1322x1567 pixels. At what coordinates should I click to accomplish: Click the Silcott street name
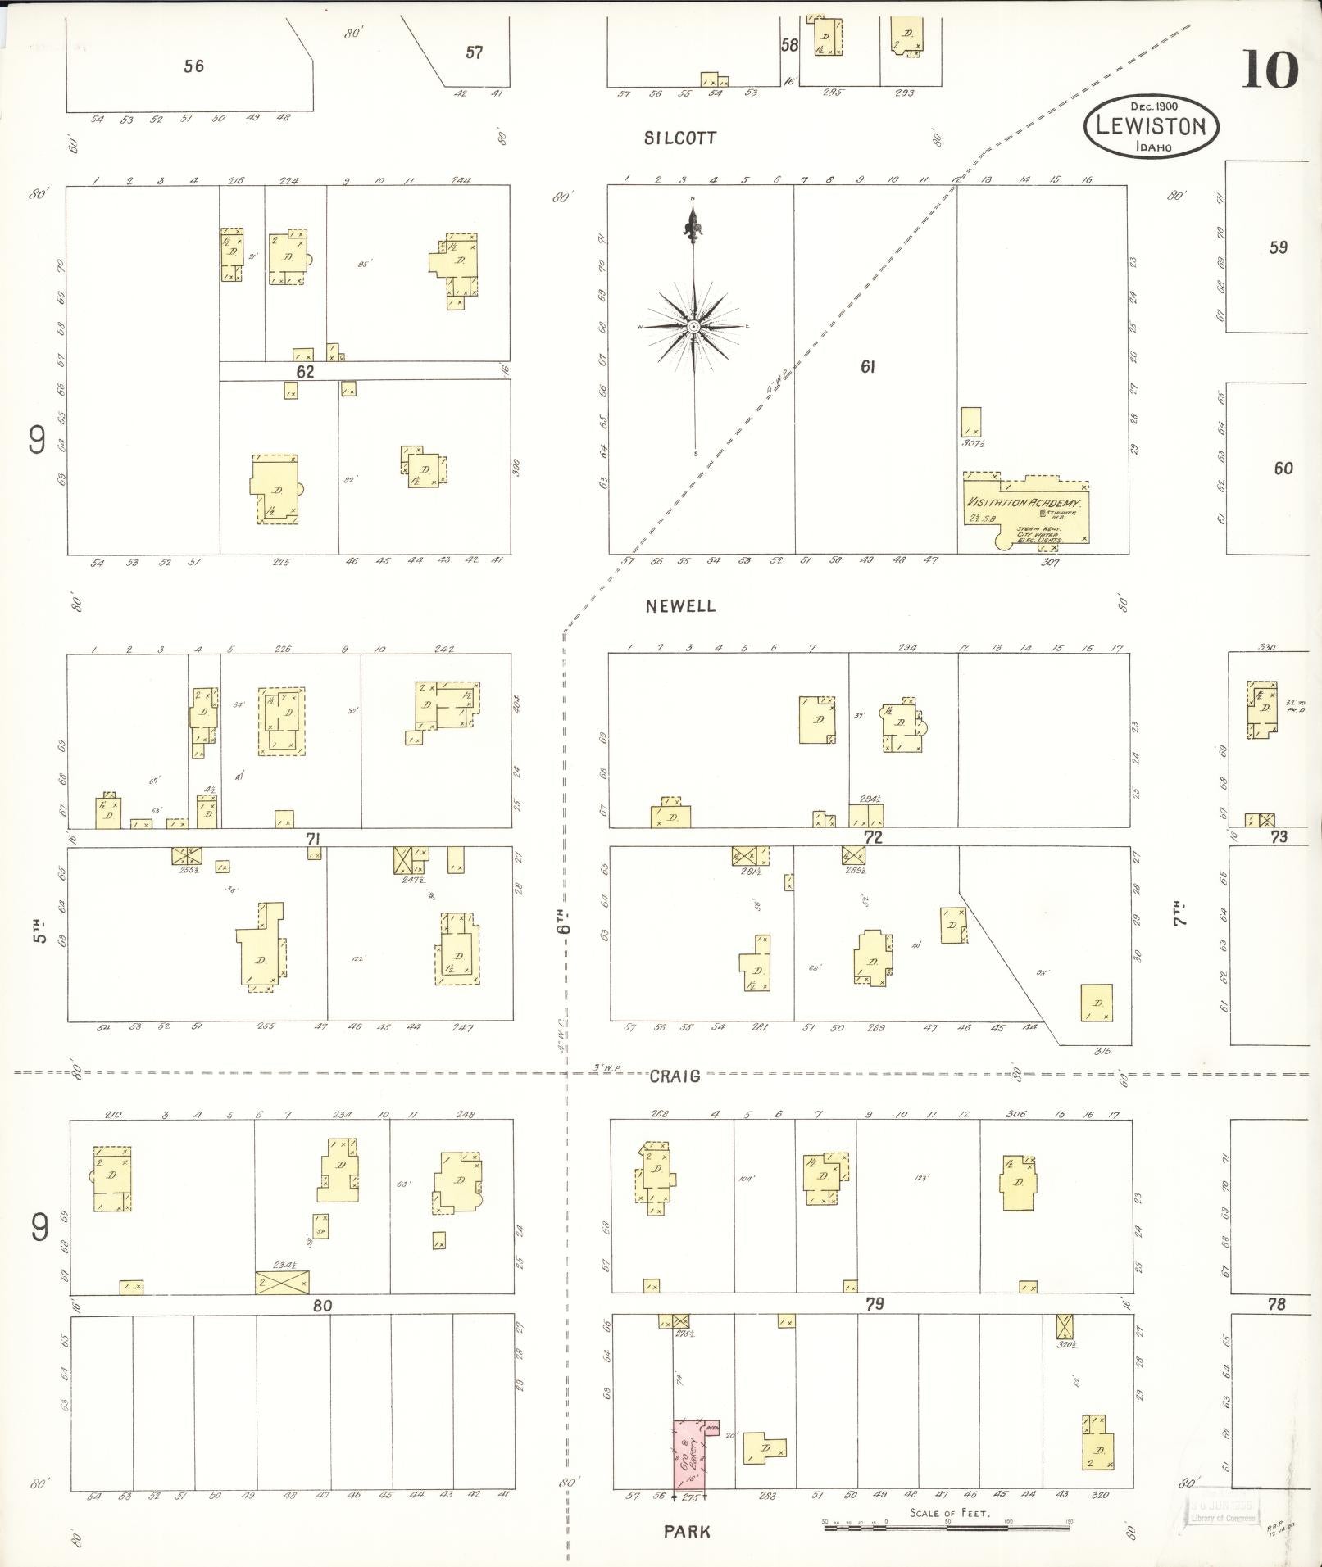tap(679, 138)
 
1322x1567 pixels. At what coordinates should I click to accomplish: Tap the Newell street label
tap(679, 606)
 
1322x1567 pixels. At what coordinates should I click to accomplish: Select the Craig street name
tap(675, 1076)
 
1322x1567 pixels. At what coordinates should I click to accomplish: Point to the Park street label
tap(687, 1531)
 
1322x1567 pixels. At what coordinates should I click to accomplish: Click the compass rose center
tap(694, 326)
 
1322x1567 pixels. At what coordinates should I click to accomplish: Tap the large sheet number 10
tap(1270, 70)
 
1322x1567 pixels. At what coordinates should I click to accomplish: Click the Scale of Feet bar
tap(947, 1524)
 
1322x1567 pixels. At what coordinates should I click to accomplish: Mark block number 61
tap(868, 367)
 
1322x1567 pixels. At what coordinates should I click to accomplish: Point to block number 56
tap(193, 66)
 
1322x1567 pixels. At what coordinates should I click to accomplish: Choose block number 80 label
tap(322, 1306)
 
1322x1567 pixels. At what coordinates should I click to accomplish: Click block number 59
tap(1278, 247)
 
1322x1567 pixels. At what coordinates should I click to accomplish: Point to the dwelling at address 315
tap(1096, 1003)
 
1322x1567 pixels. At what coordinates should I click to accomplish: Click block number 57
tap(474, 52)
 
